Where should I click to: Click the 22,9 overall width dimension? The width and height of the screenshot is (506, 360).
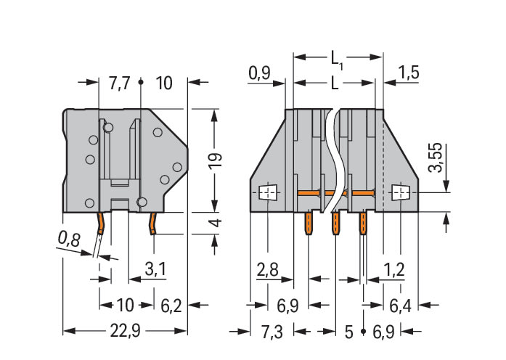(x=125, y=332)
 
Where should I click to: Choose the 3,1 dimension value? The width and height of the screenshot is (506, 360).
(x=154, y=270)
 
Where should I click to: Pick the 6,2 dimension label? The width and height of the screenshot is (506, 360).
(x=171, y=306)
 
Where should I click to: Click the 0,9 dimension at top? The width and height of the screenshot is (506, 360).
(x=259, y=73)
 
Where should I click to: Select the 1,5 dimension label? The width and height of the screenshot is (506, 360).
(x=409, y=73)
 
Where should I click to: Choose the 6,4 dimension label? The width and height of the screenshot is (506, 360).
(x=400, y=306)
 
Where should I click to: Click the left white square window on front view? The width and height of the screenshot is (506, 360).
(x=268, y=192)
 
